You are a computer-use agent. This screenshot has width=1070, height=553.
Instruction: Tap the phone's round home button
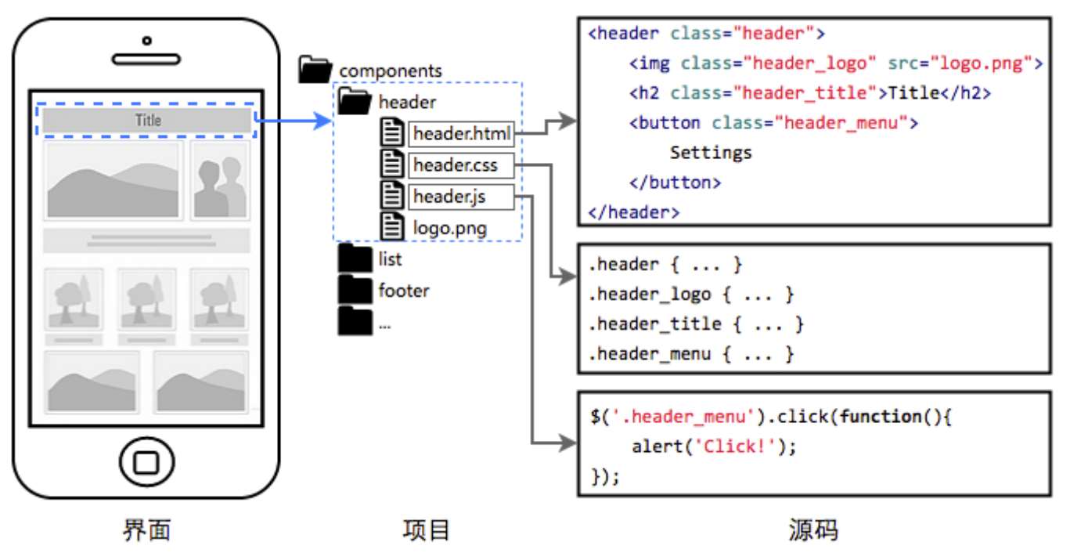click(146, 460)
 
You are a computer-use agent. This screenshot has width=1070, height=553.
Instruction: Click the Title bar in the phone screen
click(147, 121)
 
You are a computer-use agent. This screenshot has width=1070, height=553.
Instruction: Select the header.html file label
click(461, 134)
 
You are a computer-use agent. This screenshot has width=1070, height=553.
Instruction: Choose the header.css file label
click(456, 165)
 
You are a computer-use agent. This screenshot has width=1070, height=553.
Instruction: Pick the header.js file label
click(450, 197)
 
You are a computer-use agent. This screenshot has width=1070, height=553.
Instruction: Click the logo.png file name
click(449, 228)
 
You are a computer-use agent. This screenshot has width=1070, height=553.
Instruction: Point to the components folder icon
click(316, 70)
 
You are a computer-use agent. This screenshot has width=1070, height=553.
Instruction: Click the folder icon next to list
click(355, 259)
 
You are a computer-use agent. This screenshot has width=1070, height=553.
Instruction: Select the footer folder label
click(404, 291)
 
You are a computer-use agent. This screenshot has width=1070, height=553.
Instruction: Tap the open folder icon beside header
click(356, 101)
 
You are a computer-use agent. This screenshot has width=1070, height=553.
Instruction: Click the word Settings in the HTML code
click(711, 153)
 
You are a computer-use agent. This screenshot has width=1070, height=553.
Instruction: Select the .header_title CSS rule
click(695, 324)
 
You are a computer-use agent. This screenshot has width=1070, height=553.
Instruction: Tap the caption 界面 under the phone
click(146, 530)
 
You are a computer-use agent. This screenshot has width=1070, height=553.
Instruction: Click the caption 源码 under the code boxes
click(813, 530)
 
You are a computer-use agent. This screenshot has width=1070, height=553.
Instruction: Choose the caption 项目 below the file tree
click(427, 530)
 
